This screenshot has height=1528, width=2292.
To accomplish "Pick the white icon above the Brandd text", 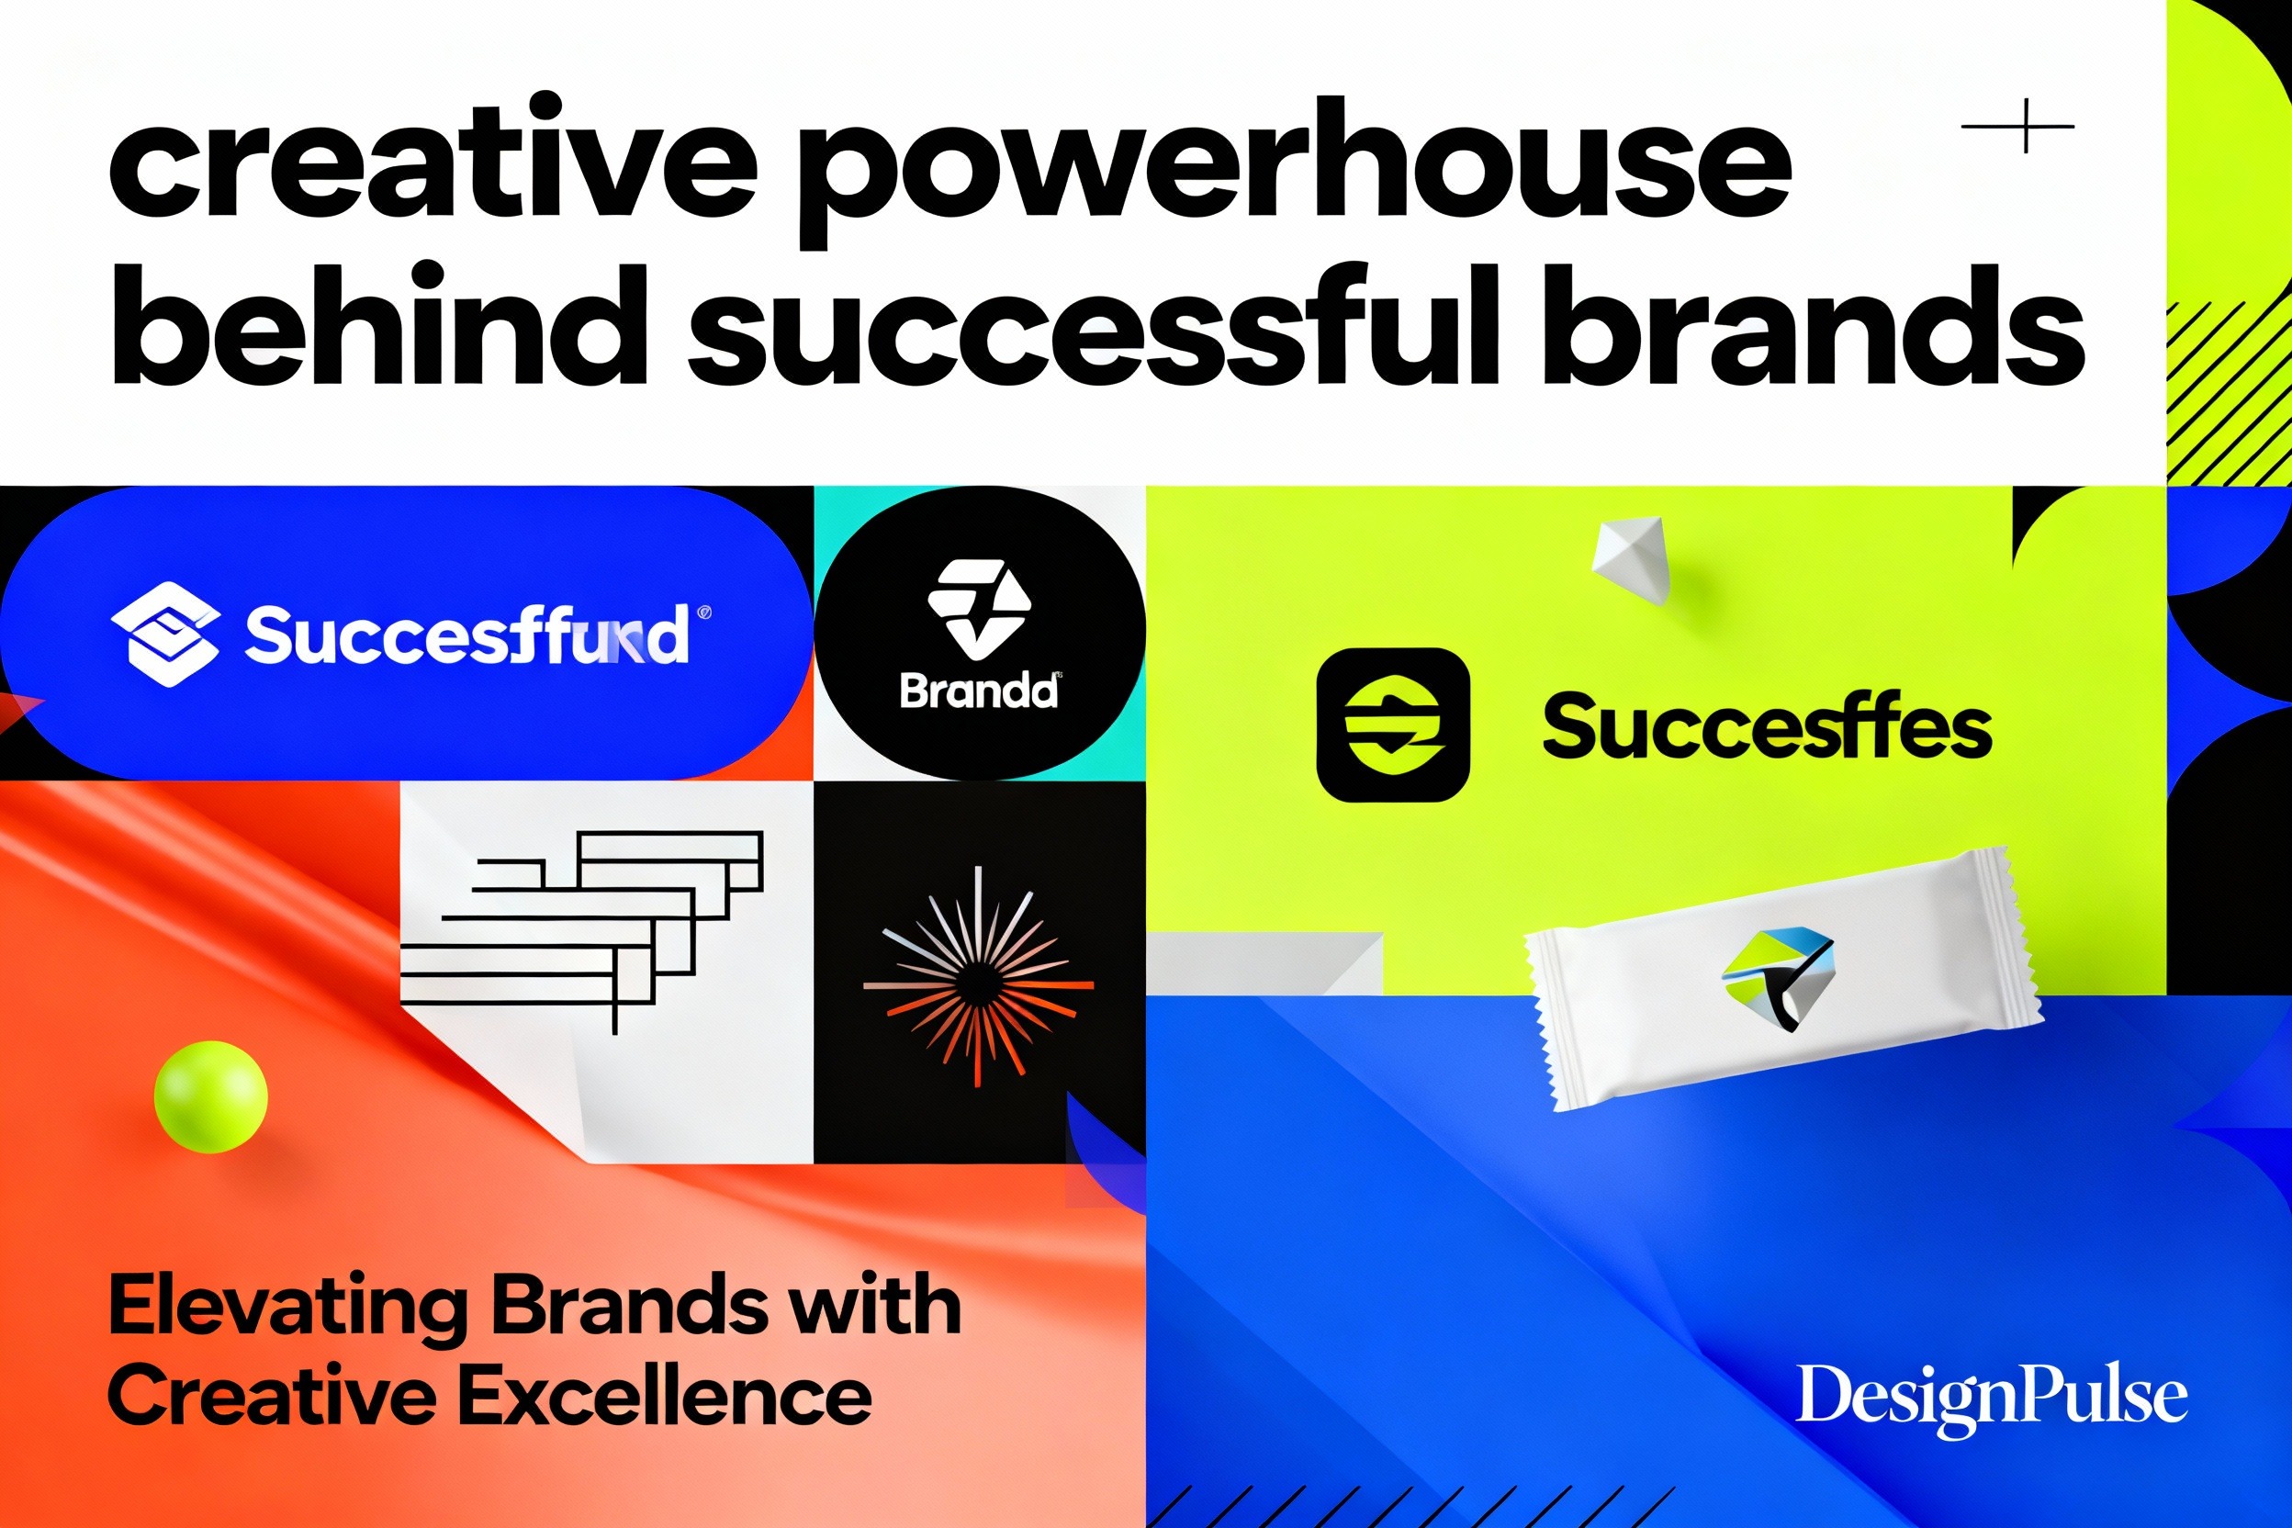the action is coord(977,607).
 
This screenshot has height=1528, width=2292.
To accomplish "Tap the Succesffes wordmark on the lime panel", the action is coord(1766,726).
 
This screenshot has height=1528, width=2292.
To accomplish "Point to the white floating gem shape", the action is coord(1631,560).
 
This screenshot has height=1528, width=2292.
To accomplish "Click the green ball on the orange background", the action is coord(210,1096).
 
